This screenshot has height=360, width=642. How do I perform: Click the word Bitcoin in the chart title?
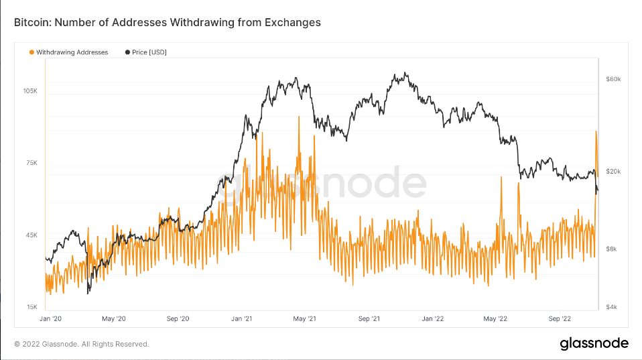click(31, 23)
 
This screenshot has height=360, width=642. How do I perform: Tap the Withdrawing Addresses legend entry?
click(72, 52)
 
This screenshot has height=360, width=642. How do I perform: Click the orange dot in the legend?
click(31, 52)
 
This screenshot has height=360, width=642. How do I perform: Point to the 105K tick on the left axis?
click(30, 91)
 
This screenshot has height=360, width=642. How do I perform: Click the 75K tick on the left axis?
click(31, 163)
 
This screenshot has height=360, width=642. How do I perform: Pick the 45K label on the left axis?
click(31, 235)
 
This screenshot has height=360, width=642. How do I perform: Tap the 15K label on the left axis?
click(31, 307)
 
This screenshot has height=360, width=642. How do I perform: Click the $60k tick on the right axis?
click(613, 79)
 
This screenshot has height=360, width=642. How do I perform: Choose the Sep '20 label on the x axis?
click(176, 319)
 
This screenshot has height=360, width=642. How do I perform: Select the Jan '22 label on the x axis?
click(434, 319)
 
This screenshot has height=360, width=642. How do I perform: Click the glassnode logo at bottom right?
click(594, 344)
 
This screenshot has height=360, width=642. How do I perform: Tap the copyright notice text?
click(81, 344)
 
